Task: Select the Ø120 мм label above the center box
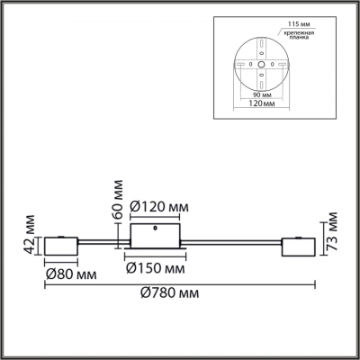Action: (x=159, y=208)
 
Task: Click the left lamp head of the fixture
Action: (x=60, y=245)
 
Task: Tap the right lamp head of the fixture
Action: (x=296, y=245)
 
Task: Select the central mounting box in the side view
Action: (x=155, y=237)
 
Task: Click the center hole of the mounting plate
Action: (x=260, y=66)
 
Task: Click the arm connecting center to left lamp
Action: (x=103, y=242)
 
